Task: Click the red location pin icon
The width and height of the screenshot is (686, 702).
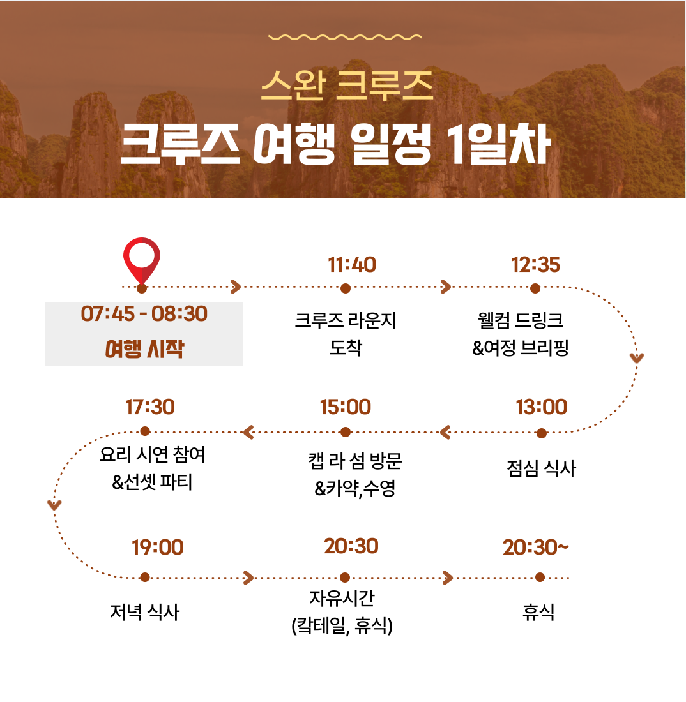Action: click(142, 260)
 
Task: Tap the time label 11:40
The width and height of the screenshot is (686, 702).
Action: click(352, 265)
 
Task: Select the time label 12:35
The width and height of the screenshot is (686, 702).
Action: click(535, 265)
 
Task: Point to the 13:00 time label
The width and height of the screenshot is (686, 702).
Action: click(541, 407)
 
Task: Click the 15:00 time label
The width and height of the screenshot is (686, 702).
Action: click(346, 407)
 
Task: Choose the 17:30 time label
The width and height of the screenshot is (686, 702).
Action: click(149, 407)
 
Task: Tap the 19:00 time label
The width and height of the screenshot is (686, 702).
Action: click(157, 547)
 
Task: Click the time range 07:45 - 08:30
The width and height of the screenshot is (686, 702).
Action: click(144, 314)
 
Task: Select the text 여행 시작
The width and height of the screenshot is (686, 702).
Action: click(144, 348)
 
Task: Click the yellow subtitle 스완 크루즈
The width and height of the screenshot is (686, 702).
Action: click(347, 85)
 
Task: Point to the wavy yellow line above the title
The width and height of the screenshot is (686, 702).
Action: click(345, 37)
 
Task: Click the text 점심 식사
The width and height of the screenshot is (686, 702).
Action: click(541, 468)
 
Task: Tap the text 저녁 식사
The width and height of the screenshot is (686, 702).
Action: click(145, 612)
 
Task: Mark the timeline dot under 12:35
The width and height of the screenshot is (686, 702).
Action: click(535, 288)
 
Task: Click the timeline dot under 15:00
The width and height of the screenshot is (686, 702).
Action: click(345, 432)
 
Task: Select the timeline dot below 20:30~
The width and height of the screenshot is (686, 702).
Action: click(540, 578)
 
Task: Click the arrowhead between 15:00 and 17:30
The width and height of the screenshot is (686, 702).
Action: click(248, 432)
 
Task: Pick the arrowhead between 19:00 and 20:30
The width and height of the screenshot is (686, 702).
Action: click(248, 578)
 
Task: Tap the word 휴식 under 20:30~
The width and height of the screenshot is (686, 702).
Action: click(538, 612)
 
